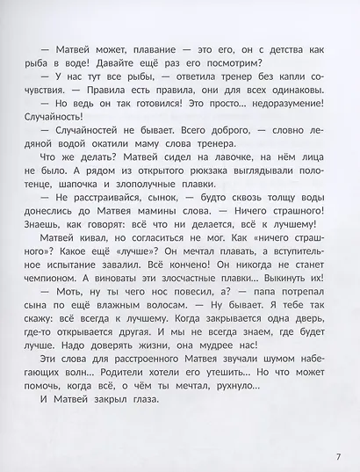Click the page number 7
(x=337, y=431)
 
